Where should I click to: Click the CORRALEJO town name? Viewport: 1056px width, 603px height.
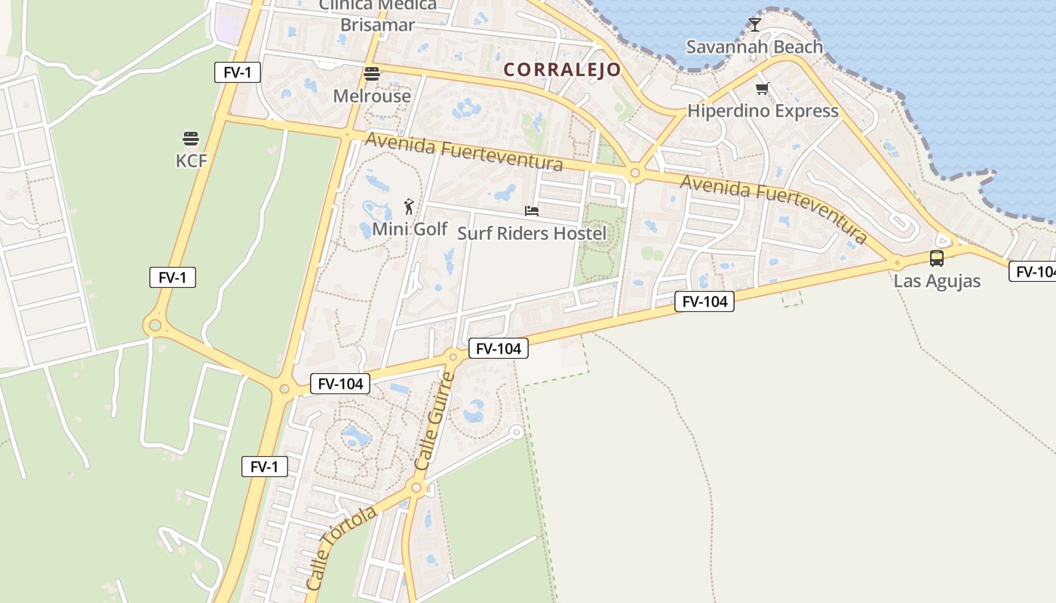562,70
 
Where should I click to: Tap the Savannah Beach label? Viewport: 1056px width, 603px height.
754,47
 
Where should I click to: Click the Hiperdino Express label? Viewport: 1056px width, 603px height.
762,112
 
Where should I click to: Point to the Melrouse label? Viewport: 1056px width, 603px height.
372,96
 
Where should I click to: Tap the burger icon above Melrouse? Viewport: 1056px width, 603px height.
371,74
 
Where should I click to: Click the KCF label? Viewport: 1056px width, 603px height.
191,161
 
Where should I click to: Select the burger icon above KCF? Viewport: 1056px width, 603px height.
190,139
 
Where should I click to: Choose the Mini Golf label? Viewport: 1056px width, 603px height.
410,229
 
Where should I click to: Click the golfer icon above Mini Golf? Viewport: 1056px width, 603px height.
409,207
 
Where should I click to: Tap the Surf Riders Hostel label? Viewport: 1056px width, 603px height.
531,234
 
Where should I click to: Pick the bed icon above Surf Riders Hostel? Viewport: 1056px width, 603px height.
532,212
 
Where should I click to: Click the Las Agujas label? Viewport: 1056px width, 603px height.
937,281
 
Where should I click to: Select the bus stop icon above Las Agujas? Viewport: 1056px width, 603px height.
937,259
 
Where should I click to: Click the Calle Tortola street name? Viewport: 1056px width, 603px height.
341,547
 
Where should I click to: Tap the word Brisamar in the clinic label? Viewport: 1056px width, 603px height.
377,25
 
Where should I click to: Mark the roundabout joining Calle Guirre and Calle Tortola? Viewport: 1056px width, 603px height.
416,488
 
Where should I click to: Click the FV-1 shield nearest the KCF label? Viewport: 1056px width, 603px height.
173,277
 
